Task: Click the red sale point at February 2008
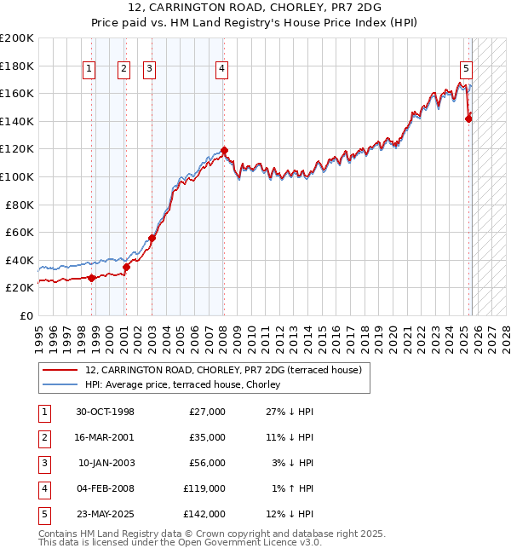pos(224,151)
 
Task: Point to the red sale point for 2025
pos(468,118)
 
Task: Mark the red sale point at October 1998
pos(92,278)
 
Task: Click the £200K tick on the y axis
pos(17,38)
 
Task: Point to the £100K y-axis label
pos(17,176)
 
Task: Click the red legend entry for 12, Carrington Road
pos(224,370)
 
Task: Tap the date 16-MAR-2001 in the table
pos(106,437)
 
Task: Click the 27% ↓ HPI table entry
pos(290,412)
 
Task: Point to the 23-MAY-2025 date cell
pos(106,515)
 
